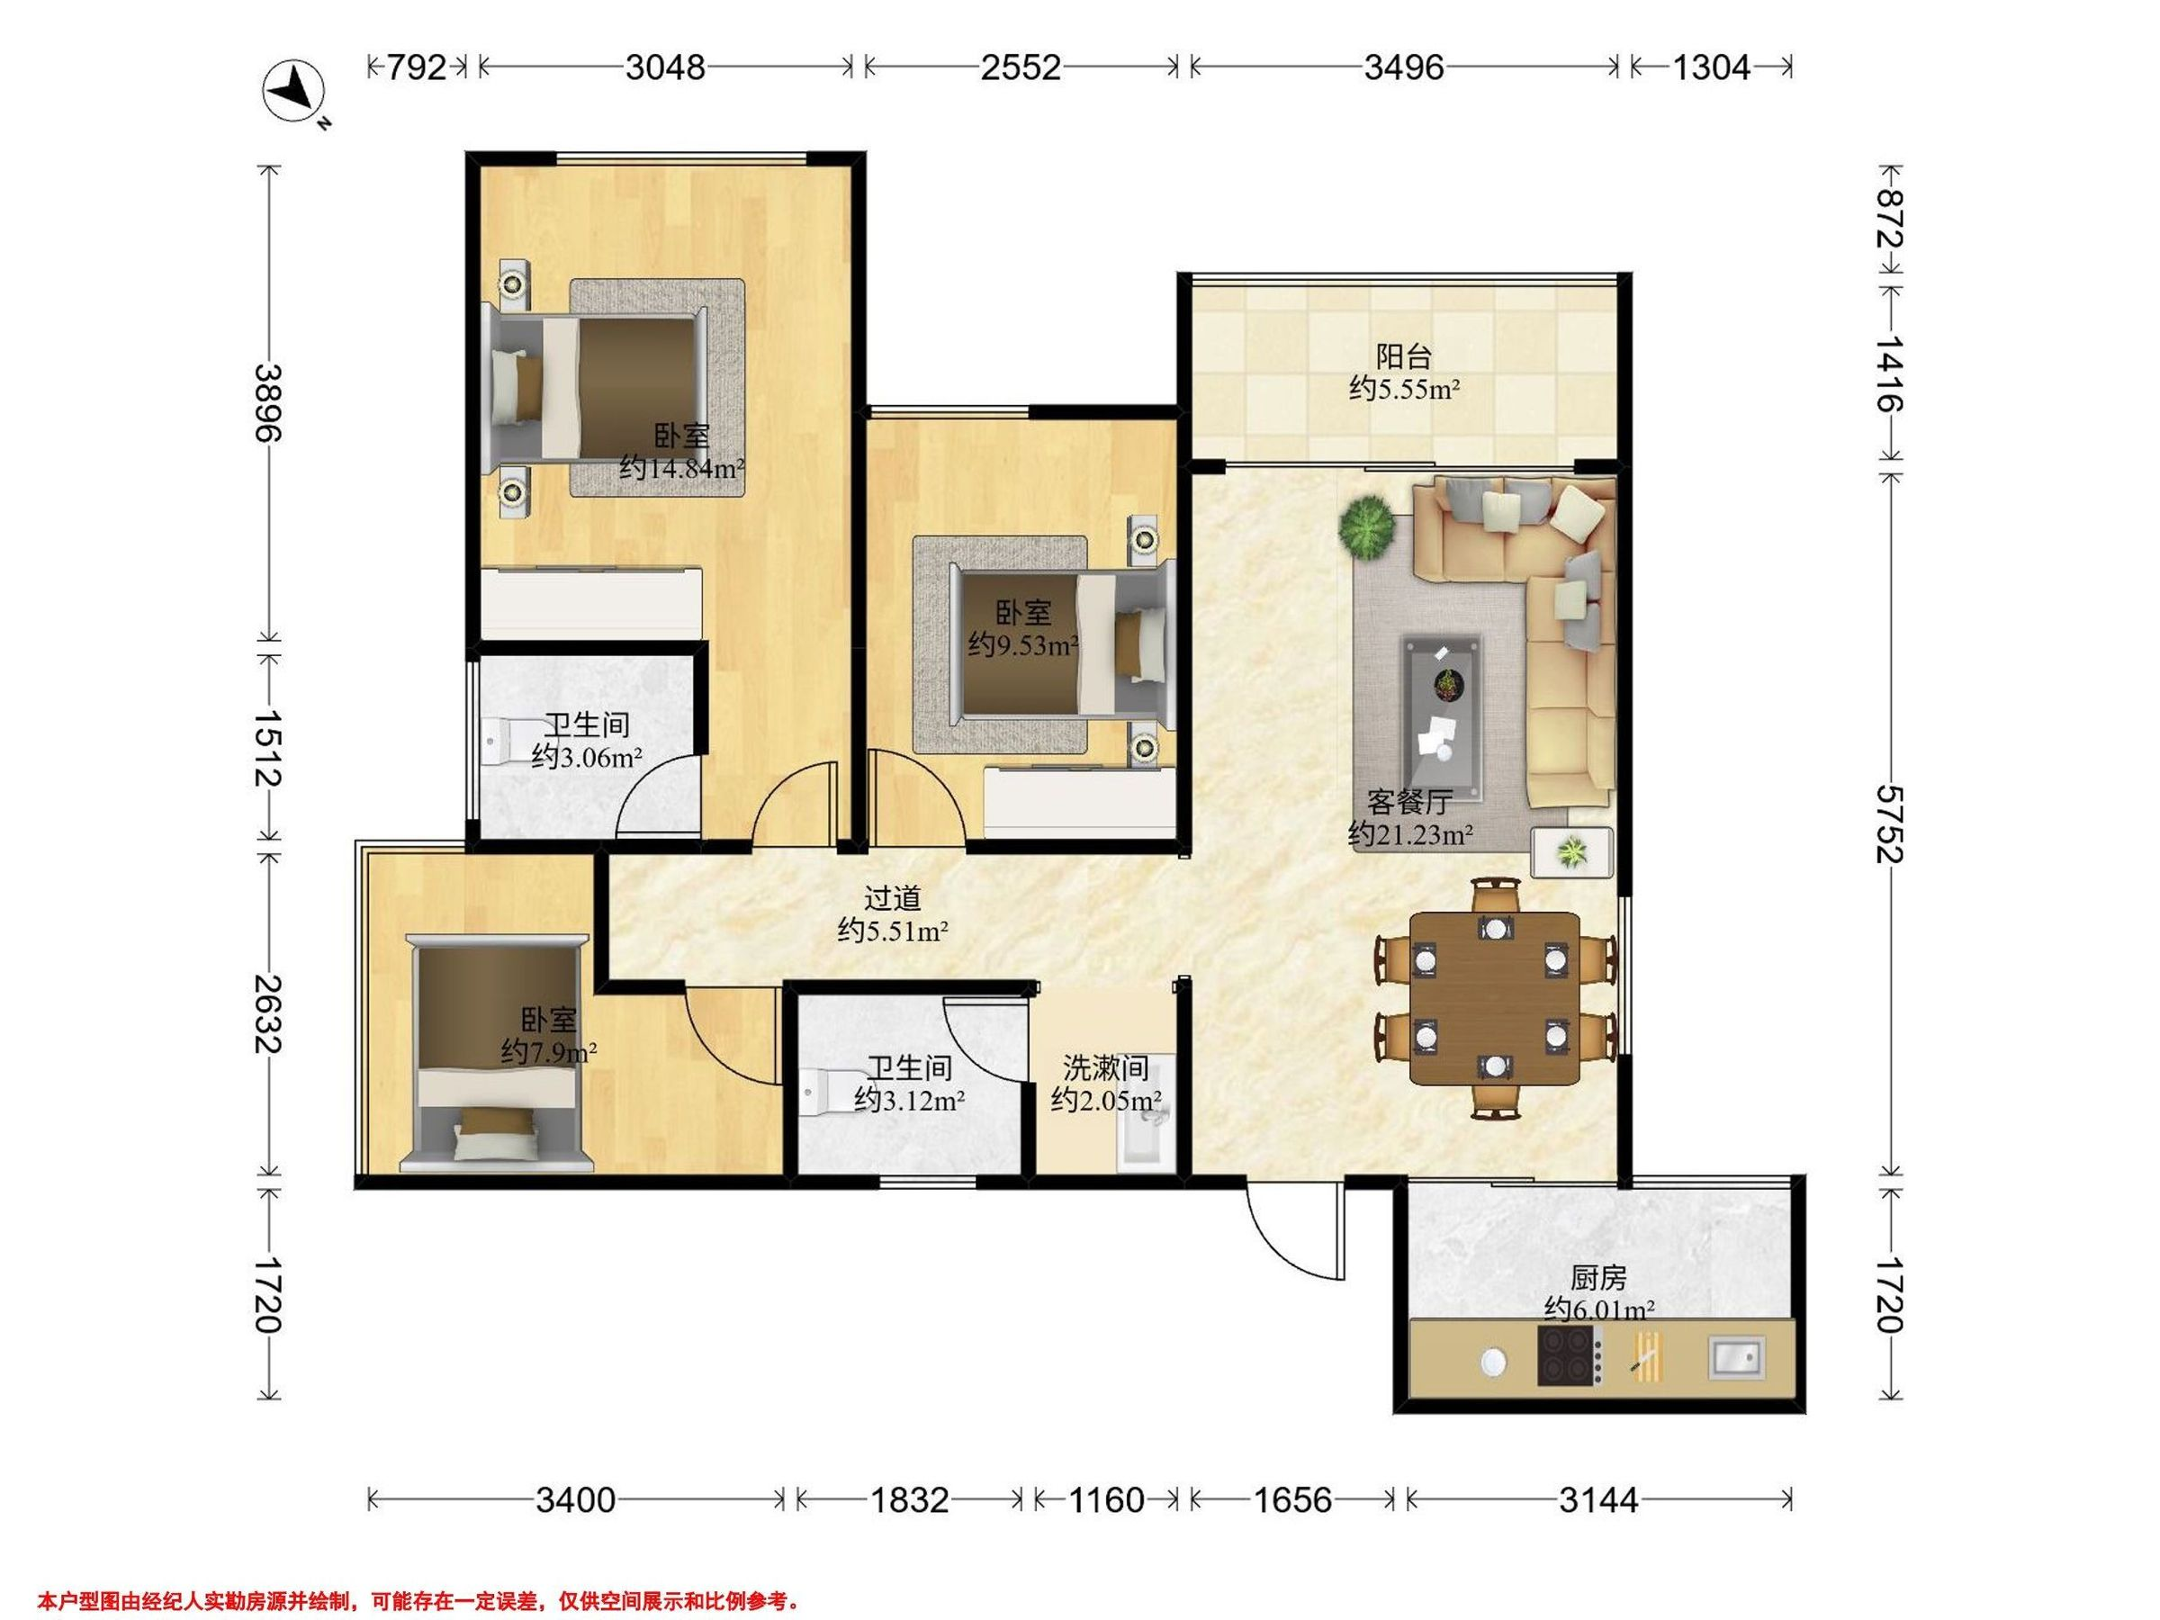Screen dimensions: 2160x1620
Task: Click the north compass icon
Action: tap(294, 91)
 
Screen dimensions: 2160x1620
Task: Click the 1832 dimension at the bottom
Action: tap(909, 1498)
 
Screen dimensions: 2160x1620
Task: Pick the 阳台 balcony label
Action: tap(1403, 357)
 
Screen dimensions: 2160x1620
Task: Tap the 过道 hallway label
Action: tap(893, 897)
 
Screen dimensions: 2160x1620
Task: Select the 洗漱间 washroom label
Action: tap(1105, 1067)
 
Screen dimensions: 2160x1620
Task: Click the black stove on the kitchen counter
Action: tap(1570, 1355)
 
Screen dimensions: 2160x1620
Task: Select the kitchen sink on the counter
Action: tap(1736, 1356)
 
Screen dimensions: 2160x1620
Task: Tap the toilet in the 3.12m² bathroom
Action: tap(823, 1093)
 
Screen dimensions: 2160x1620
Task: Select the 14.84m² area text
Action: tap(682, 469)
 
